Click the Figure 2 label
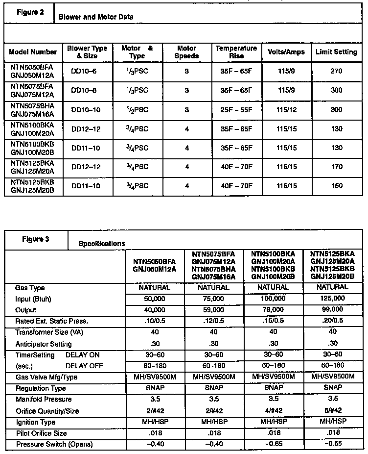pos(31,12)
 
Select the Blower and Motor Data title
pos(95,17)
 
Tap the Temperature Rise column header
pos(236,52)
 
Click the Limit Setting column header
pos(336,52)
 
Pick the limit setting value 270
pos(336,71)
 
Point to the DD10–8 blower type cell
pos(84,90)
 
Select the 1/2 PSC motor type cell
pos(137,109)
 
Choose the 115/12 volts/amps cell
pos(287,109)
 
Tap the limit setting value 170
pos(336,167)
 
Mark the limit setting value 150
pos(336,186)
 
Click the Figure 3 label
pos(36,239)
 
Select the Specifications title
pos(101,243)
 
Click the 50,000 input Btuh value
pos(154,299)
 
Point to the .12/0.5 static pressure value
pos(213,321)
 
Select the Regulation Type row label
pos(41,388)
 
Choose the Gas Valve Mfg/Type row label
pos(46,377)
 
